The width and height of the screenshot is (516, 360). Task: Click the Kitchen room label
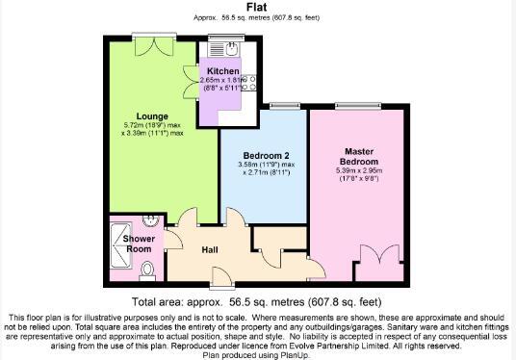pyautogui.click(x=223, y=71)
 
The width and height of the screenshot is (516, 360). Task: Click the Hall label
pyautogui.click(x=210, y=250)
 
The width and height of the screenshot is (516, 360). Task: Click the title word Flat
pyautogui.click(x=258, y=7)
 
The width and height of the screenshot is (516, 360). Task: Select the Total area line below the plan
pyautogui.click(x=258, y=300)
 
